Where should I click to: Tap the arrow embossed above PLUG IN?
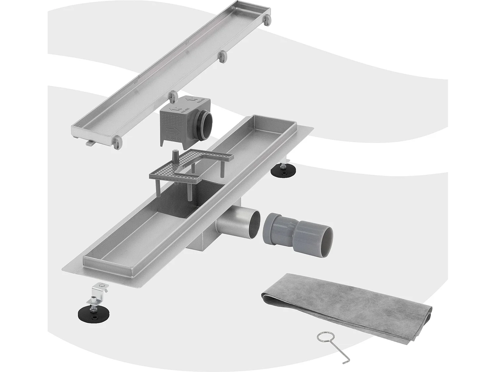pos(171,130)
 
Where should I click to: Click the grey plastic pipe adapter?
pos(298,231)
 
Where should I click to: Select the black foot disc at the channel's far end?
pos(280,171)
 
